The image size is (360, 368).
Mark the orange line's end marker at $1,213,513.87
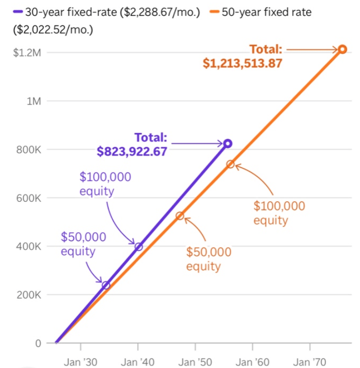coord(342,49)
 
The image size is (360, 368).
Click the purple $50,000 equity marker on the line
coord(106,285)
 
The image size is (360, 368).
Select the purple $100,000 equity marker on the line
coord(139,247)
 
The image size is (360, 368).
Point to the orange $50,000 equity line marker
coord(180,216)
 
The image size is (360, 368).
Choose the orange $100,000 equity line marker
coord(230,164)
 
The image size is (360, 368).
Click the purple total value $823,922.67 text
coord(132,151)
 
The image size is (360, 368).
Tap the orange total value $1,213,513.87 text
coord(242,64)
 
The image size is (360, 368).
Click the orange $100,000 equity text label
coord(279,213)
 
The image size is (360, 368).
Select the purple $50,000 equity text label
coord(83,244)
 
